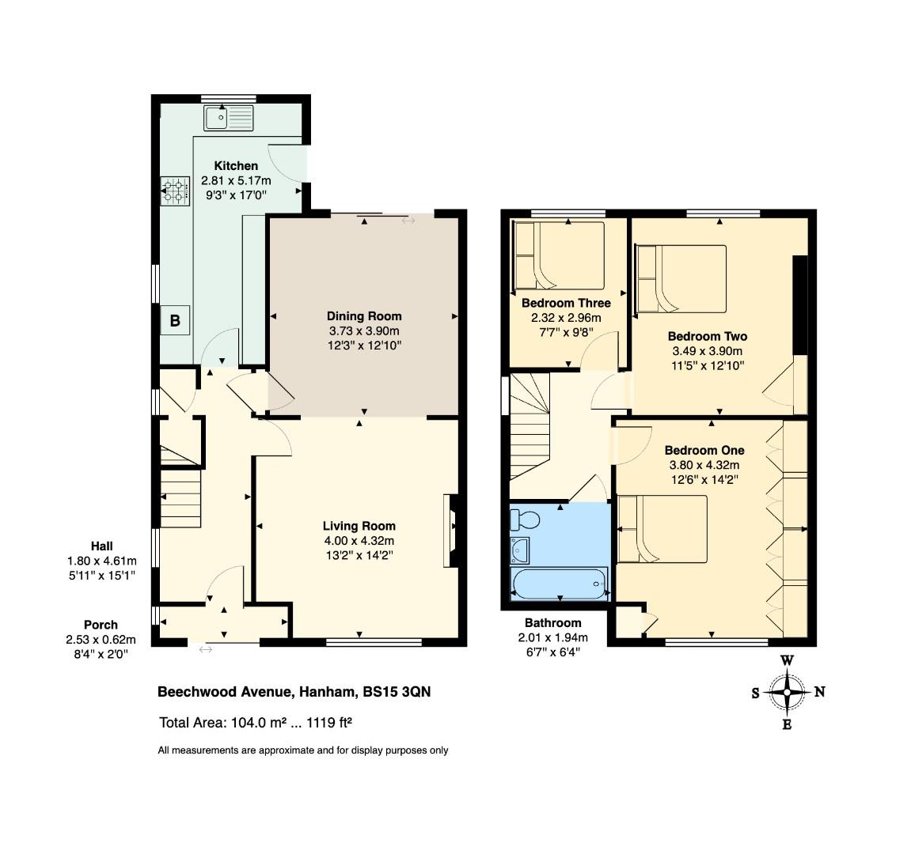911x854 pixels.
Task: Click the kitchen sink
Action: pyautogui.click(x=229, y=118)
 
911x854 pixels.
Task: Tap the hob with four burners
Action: pyautogui.click(x=175, y=191)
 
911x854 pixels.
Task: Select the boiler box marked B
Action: pyautogui.click(x=175, y=320)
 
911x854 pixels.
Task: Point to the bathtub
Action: pyautogui.click(x=559, y=584)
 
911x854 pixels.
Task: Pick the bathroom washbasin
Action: pyautogui.click(x=520, y=550)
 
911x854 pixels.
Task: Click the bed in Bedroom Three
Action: pyautogui.click(x=559, y=255)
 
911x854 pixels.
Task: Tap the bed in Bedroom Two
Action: pyautogui.click(x=681, y=279)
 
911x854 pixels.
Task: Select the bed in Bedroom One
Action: pyautogui.click(x=662, y=529)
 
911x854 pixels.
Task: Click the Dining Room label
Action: pyautogui.click(x=364, y=316)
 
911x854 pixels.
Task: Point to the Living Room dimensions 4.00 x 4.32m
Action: pyautogui.click(x=359, y=541)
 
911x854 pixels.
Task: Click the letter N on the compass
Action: pyautogui.click(x=819, y=691)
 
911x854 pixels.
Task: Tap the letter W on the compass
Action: pyautogui.click(x=788, y=660)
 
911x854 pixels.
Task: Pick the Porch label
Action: pyautogui.click(x=101, y=625)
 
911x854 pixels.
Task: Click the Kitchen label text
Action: pyautogui.click(x=236, y=165)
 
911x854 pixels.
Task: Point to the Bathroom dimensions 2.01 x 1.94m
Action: pyautogui.click(x=553, y=637)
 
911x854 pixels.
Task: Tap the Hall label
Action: pyautogui.click(x=101, y=546)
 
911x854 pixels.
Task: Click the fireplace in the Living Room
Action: pyautogui.click(x=451, y=530)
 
